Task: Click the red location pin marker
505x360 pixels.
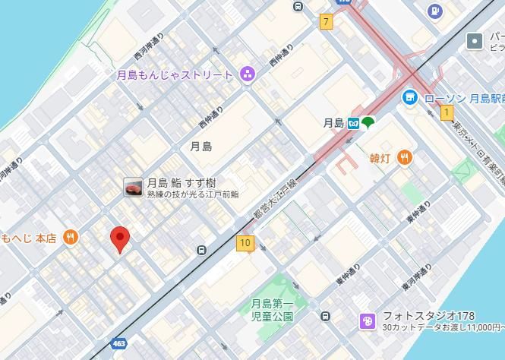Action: coord(119,238)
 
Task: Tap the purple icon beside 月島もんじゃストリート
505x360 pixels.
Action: coord(247,74)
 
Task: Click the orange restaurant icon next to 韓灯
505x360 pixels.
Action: coord(405,157)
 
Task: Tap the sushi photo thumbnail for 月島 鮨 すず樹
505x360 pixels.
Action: coord(133,188)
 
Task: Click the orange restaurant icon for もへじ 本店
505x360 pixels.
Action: coord(71,238)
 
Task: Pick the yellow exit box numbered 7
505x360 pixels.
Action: coord(327,21)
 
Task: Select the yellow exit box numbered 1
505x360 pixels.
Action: coord(447,113)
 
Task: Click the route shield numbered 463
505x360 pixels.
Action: coord(118,344)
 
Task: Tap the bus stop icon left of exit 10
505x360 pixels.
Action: coord(201,250)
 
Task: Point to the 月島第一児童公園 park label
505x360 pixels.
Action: coord(272,310)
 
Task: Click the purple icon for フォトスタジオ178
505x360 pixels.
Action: coord(368,321)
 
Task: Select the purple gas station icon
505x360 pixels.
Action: coord(434,11)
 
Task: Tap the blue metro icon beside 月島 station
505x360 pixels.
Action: coord(354,123)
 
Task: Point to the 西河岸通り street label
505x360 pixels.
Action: coord(150,51)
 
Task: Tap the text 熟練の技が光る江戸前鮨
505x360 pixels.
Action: coord(193,195)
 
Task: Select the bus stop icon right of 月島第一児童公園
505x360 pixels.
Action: coord(325,316)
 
